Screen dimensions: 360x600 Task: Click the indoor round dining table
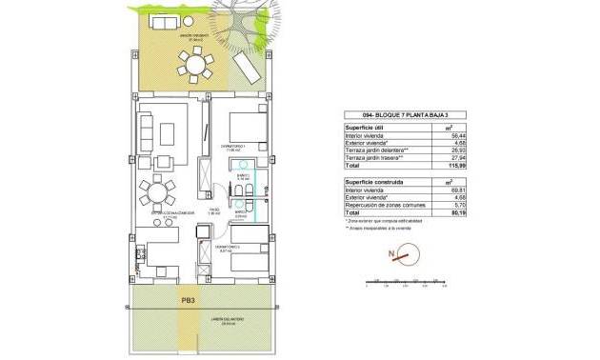point(157,193)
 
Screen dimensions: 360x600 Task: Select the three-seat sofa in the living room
point(147,131)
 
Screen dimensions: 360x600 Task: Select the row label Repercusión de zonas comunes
point(386,204)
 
